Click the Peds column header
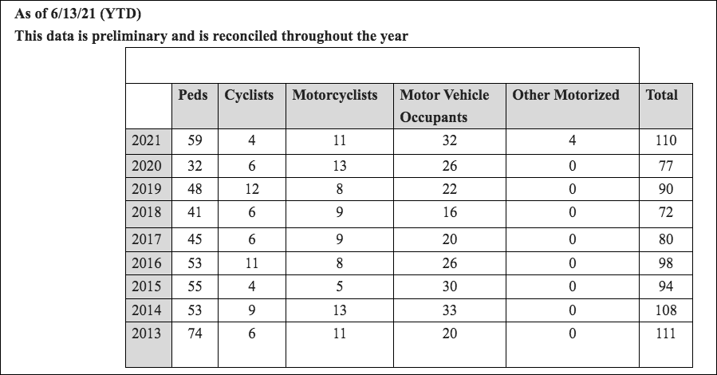(x=192, y=95)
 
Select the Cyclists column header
(x=249, y=95)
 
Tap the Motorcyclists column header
(x=335, y=95)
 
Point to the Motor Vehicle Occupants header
(x=444, y=105)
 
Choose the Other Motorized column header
(x=565, y=95)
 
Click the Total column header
(x=661, y=95)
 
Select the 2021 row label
(x=146, y=140)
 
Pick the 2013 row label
(x=146, y=333)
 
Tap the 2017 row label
(x=146, y=239)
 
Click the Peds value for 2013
(x=195, y=333)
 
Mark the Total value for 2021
(x=666, y=140)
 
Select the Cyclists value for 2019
(x=251, y=189)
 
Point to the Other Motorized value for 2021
(x=572, y=140)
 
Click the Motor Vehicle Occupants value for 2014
(x=450, y=310)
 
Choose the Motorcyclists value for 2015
(x=339, y=286)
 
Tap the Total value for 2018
(x=666, y=212)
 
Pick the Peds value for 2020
(x=195, y=165)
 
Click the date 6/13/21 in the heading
(x=73, y=14)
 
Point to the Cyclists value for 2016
(x=251, y=263)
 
